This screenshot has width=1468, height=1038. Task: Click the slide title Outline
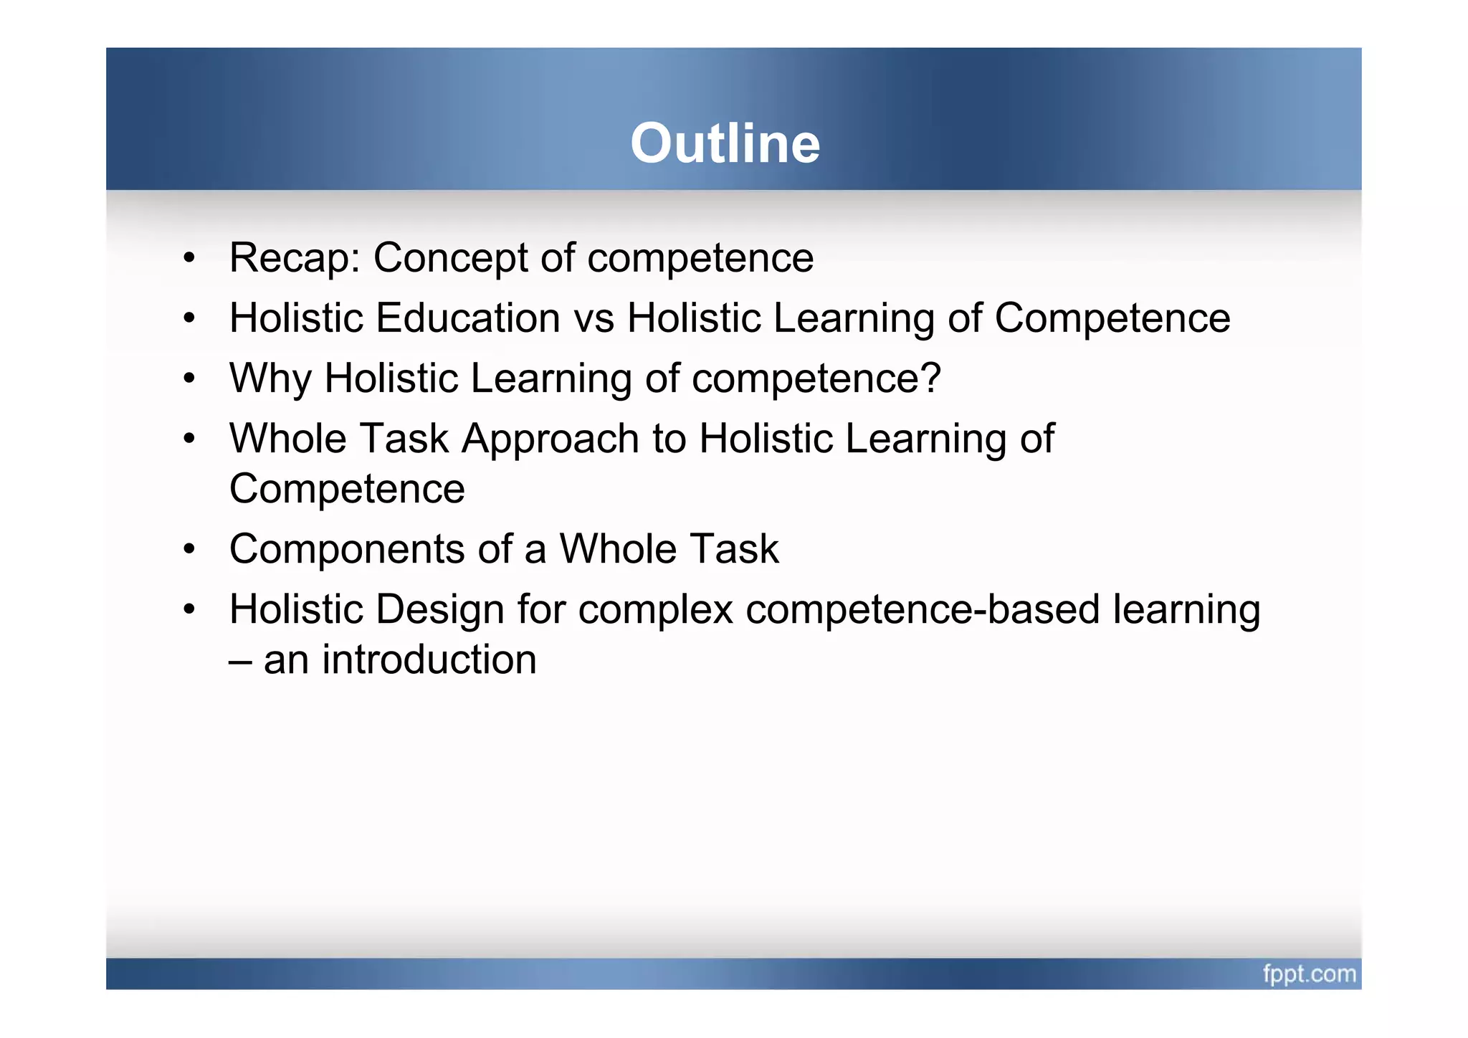point(725,143)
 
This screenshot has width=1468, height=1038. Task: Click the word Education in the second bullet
point(467,318)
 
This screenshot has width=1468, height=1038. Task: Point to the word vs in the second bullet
point(594,319)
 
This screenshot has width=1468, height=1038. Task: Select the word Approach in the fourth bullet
point(550,439)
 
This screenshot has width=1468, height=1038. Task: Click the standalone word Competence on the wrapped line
point(347,490)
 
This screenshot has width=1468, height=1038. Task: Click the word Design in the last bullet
point(439,609)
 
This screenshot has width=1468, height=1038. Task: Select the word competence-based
point(923,610)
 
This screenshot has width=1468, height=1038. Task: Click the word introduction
point(429,660)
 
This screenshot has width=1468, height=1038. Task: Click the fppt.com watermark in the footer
point(1309,974)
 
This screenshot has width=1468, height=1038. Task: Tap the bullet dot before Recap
point(189,258)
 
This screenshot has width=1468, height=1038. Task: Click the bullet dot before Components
point(189,550)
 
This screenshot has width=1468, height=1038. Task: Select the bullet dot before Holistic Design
point(189,610)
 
